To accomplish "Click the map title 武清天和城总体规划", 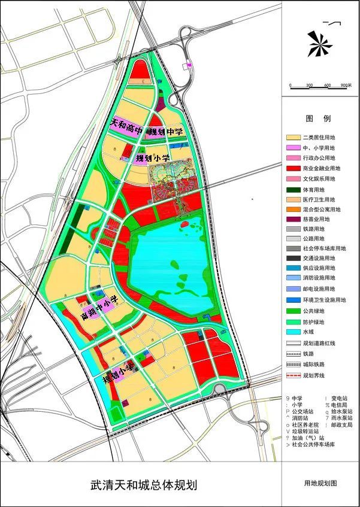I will (143, 484).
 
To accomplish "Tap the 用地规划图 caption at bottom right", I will (321, 482).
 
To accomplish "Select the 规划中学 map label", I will (166, 131).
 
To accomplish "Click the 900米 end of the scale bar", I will (346, 86).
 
